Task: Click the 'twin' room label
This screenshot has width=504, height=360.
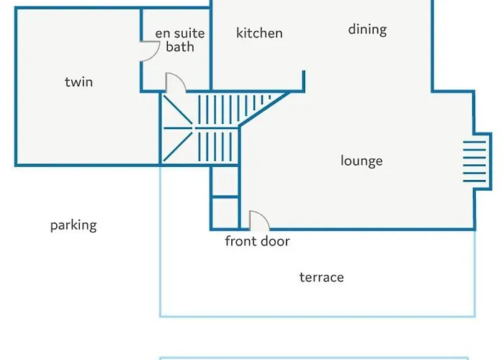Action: (x=78, y=82)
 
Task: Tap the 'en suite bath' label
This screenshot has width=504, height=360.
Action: (x=180, y=40)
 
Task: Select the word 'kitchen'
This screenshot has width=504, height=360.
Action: (x=259, y=33)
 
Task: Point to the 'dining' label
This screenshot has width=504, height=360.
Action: (x=367, y=30)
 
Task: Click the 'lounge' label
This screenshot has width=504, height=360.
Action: (x=361, y=161)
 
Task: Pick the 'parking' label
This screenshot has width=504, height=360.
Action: (x=73, y=225)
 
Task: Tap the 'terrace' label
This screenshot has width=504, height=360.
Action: (x=322, y=277)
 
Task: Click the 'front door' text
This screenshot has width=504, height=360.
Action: (x=257, y=241)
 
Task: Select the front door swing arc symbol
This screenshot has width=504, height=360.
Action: (x=257, y=220)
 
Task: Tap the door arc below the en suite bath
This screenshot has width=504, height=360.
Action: (x=175, y=82)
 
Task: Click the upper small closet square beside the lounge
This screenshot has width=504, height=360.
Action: (x=225, y=180)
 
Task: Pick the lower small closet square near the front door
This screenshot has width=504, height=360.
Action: (x=225, y=212)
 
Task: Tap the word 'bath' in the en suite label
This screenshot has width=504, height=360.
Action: (x=180, y=48)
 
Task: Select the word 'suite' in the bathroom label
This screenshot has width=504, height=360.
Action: (x=189, y=34)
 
